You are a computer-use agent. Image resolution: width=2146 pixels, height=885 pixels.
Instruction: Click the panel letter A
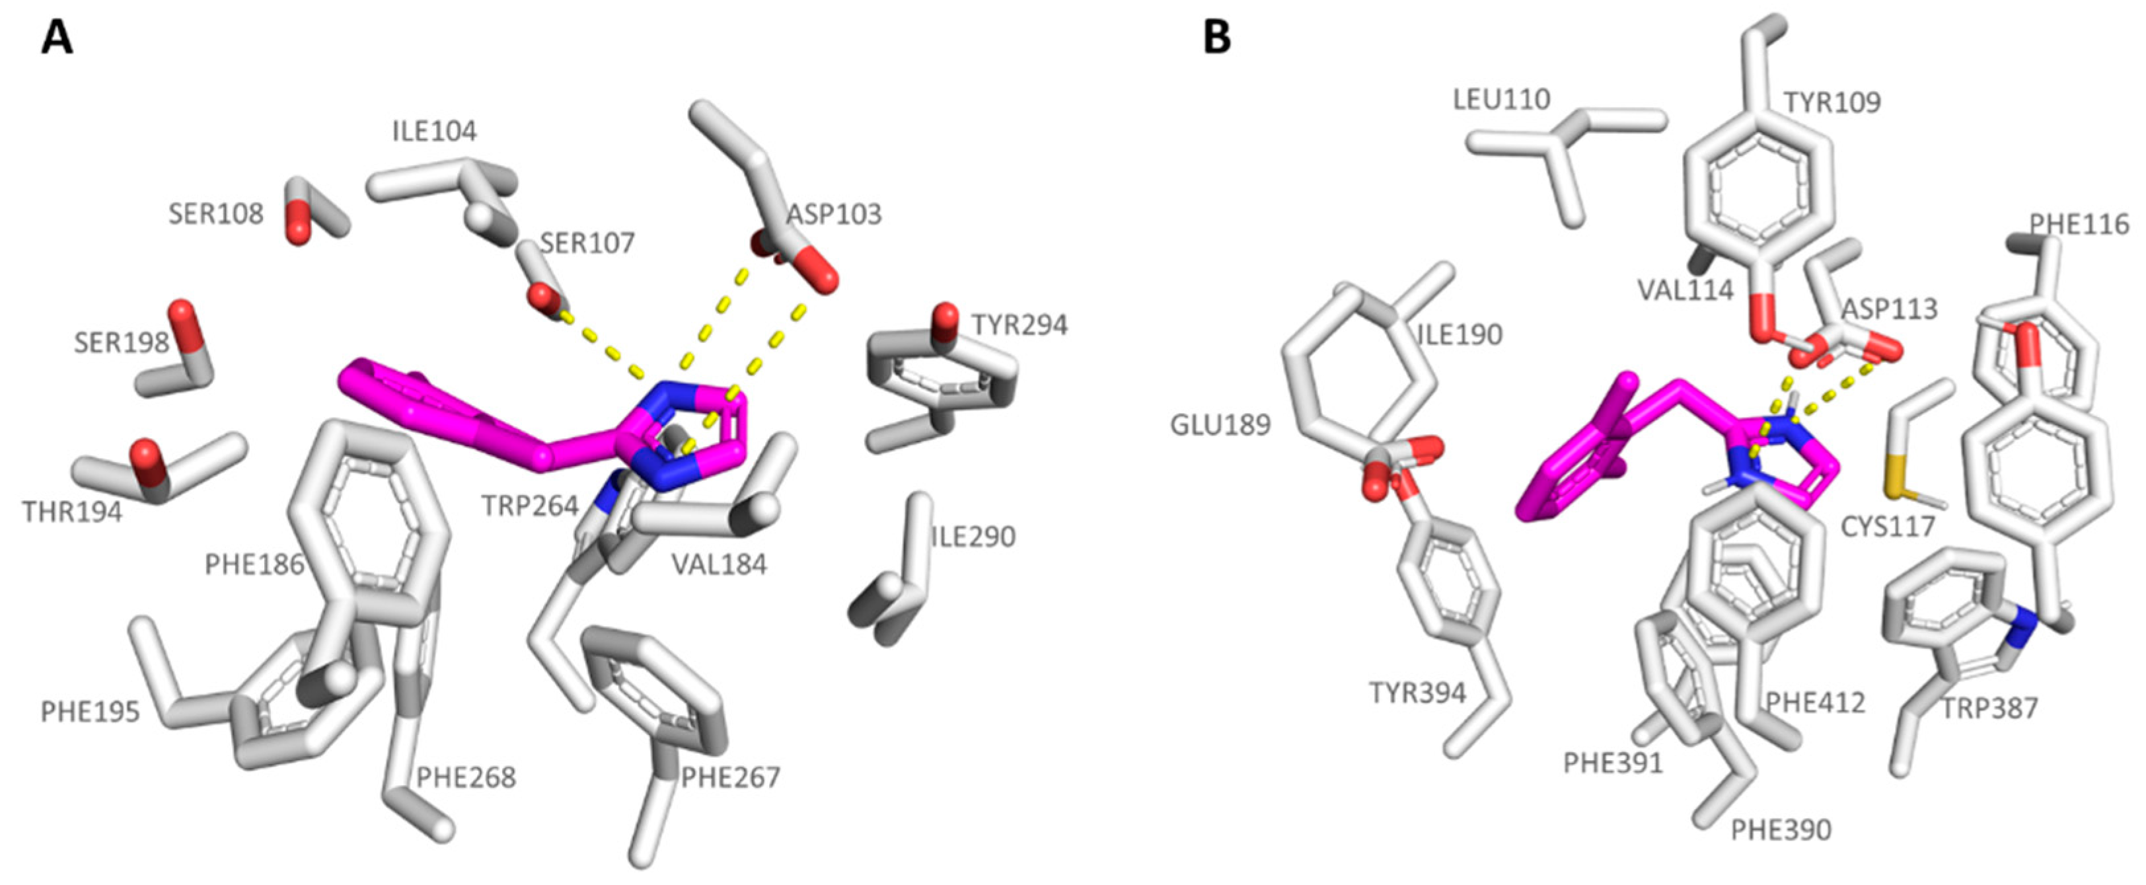point(57,38)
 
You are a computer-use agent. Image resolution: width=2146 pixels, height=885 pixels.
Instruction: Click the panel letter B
point(1217,38)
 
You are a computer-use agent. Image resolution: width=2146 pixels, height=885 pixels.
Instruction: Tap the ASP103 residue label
point(834,214)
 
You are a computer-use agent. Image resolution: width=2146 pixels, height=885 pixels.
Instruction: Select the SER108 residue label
point(216,214)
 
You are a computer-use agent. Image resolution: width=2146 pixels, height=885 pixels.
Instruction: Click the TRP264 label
point(530,505)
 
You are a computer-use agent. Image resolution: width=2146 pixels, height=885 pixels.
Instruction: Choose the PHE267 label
point(731,777)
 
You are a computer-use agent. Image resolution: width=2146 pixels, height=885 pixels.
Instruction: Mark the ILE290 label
point(973,536)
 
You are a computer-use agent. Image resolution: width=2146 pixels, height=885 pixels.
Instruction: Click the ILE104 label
point(434,131)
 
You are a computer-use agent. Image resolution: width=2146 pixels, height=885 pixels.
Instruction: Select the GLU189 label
point(1220,425)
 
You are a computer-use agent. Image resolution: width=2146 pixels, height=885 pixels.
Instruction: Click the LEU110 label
point(1501,100)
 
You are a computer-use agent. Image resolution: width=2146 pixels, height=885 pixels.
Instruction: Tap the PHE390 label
point(1781,829)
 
